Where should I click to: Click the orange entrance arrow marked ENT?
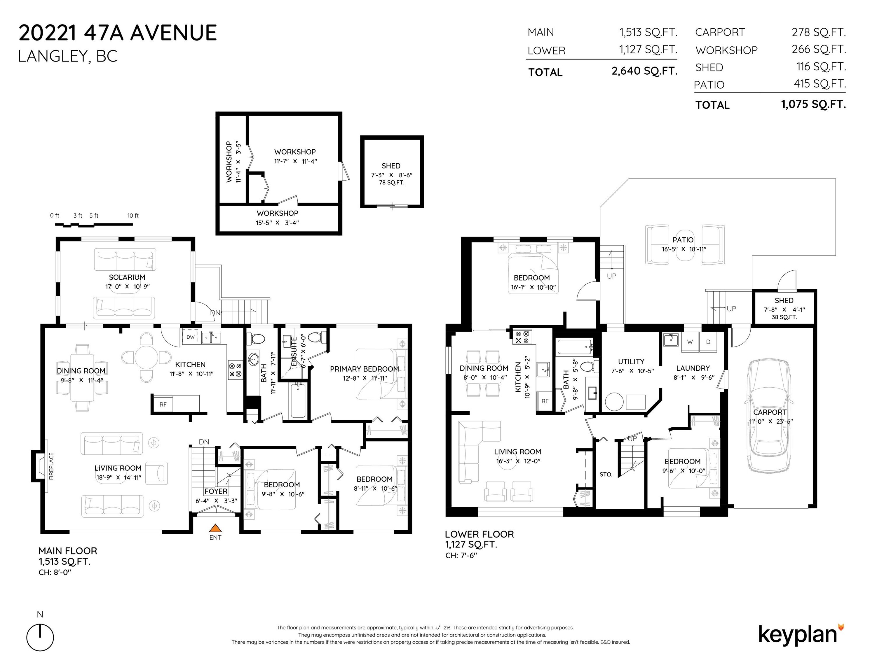(x=215, y=528)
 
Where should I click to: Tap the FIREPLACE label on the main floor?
(x=51, y=466)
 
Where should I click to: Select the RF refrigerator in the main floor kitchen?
(x=163, y=405)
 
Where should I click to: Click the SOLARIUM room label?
(x=127, y=277)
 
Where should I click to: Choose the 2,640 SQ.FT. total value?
(x=644, y=71)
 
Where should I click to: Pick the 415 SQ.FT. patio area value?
(x=820, y=84)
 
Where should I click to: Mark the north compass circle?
(x=40, y=638)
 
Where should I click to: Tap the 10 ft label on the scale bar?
(x=133, y=216)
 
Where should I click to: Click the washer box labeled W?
(x=690, y=342)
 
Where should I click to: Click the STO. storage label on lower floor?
(x=606, y=475)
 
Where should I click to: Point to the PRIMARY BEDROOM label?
(x=365, y=369)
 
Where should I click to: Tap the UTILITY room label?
(x=631, y=361)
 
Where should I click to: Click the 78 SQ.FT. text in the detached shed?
(x=392, y=183)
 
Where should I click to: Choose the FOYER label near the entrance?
(x=216, y=491)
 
